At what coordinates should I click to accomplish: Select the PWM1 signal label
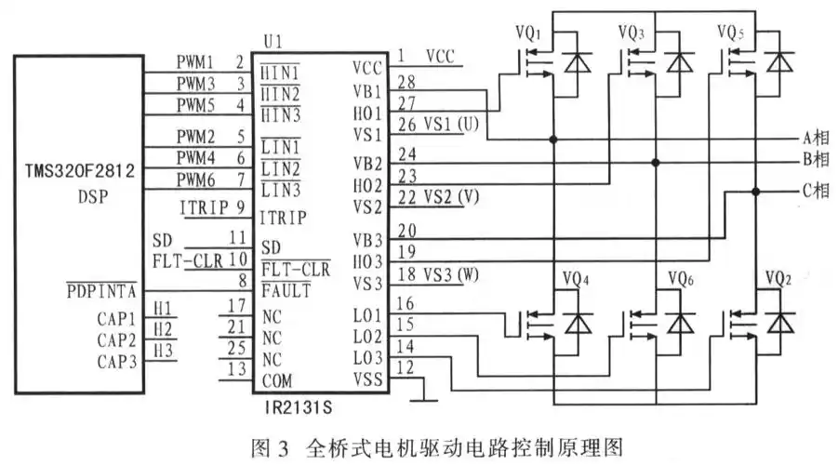pyautogui.click(x=195, y=62)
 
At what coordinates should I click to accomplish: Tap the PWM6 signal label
pyautogui.click(x=195, y=177)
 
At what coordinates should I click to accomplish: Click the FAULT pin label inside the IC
pyautogui.click(x=286, y=290)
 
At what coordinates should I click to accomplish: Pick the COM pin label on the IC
pyautogui.click(x=276, y=380)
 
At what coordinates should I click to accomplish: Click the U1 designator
pyautogui.click(x=273, y=42)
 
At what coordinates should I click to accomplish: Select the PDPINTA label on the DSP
pyautogui.click(x=101, y=290)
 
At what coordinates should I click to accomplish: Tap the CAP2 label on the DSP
pyautogui.click(x=118, y=339)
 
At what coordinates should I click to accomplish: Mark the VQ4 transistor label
pyautogui.click(x=578, y=278)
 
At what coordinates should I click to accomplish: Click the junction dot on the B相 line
pyautogui.click(x=655, y=162)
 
